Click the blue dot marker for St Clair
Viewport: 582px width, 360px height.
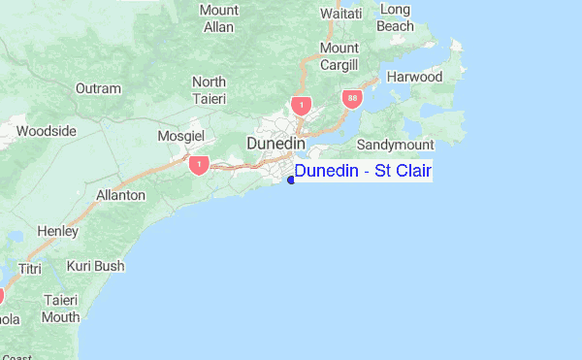(291, 180)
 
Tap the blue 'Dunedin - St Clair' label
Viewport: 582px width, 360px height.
(363, 172)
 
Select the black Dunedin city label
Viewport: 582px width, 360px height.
(277, 144)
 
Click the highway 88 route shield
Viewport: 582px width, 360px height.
(349, 99)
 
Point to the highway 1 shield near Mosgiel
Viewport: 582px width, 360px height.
(199, 164)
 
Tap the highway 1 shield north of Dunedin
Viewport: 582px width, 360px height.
(302, 105)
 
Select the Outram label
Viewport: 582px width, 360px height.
(98, 88)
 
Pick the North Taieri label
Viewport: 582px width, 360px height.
(209, 90)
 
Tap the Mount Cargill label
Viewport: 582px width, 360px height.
(339, 56)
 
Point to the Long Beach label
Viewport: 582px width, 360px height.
(395, 17)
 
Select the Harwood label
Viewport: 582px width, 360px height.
(414, 77)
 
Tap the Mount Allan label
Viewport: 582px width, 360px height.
(218, 18)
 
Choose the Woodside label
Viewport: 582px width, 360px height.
(46, 131)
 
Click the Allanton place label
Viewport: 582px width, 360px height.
(120, 195)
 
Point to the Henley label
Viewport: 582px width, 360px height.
(57, 231)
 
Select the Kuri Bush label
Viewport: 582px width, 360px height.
(95, 265)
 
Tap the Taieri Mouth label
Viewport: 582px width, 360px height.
(60, 309)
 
